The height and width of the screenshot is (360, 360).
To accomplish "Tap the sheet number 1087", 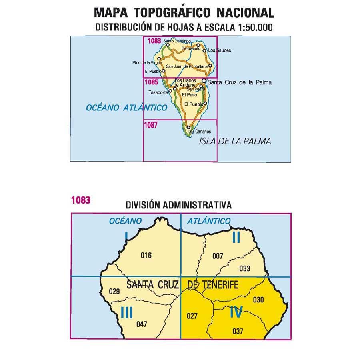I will pos(151,124).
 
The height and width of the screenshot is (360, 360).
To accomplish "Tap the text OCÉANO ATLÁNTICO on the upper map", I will pos(126,108).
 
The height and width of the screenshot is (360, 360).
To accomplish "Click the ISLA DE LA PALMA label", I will pos(235,141).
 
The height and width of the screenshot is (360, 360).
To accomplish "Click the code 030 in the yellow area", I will pos(259,299).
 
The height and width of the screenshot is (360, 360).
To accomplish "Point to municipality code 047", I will pos(142,324).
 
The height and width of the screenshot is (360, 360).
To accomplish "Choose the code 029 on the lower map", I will pos(114,291).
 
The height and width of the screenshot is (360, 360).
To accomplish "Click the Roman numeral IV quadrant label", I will pos(236,312).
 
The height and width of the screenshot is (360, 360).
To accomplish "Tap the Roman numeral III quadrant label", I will pos(126,312).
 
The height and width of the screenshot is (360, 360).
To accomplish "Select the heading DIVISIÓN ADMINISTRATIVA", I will pos(178,205).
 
